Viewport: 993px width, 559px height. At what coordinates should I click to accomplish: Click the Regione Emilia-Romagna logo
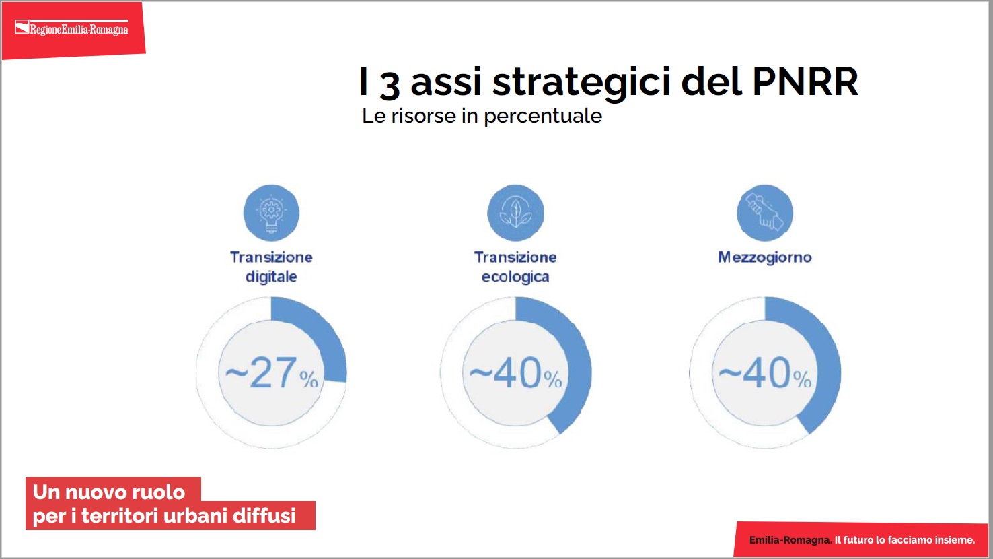(72, 28)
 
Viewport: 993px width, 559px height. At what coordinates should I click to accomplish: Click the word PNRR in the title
(805, 81)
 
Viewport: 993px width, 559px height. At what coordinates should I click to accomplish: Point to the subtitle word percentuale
(543, 117)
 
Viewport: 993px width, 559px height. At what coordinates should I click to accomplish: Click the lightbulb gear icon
(271, 213)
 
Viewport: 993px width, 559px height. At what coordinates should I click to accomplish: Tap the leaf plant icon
(515, 213)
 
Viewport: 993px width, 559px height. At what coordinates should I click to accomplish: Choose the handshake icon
(765, 213)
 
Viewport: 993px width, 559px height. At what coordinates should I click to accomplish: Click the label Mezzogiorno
(765, 257)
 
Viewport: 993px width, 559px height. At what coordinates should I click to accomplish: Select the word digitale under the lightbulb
(271, 276)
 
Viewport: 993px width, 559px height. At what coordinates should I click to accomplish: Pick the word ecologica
(515, 276)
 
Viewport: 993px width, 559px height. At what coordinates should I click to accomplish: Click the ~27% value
(271, 372)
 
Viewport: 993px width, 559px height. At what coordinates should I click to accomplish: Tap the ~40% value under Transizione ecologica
(515, 372)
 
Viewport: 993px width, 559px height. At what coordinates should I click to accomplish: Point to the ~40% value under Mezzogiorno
(765, 372)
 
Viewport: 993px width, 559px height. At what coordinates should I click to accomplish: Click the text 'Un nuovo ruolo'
(108, 492)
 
